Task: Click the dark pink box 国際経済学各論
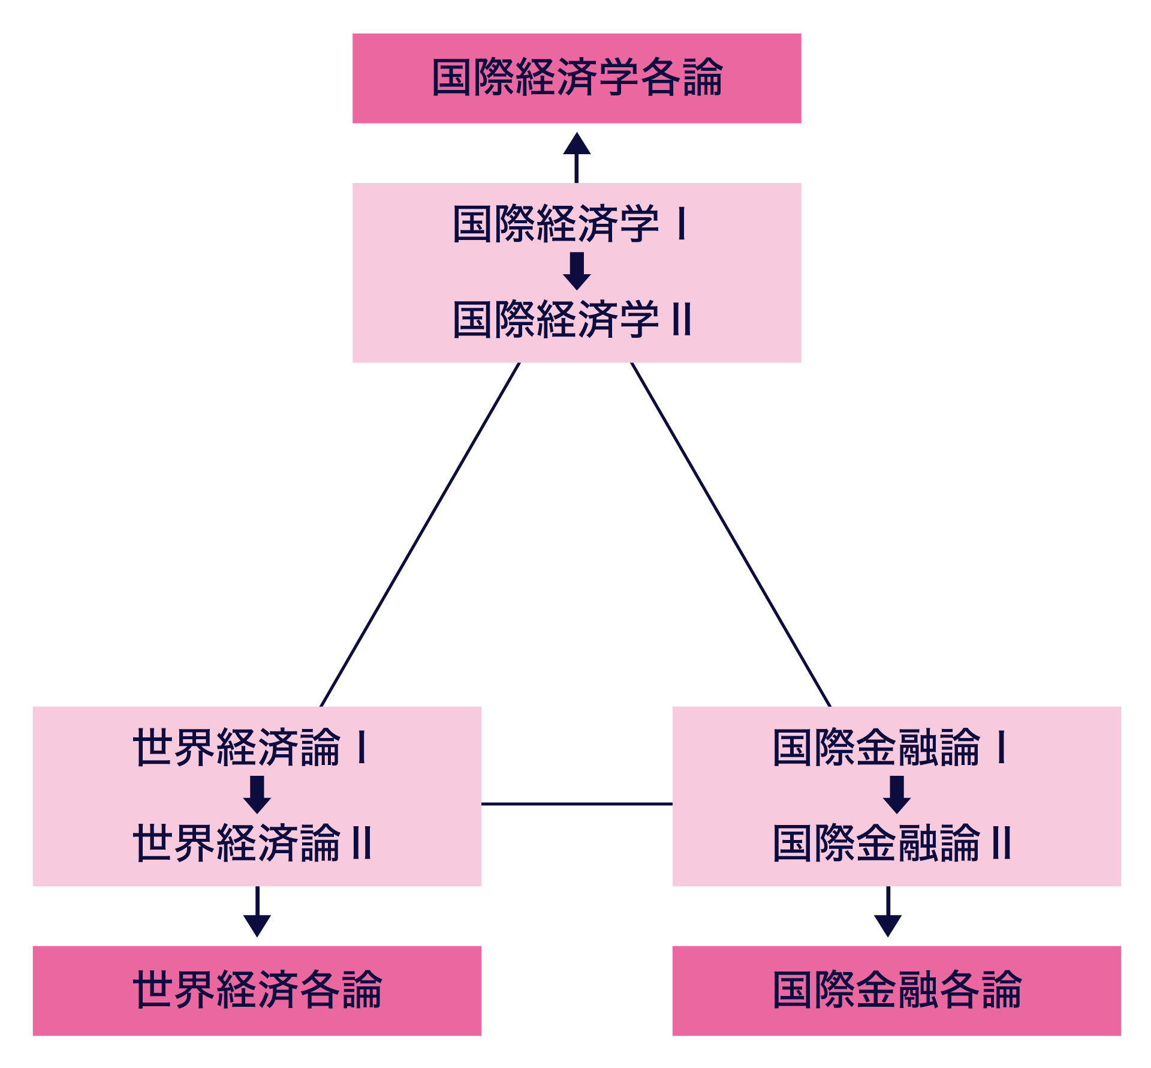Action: (x=576, y=78)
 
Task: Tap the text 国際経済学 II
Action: (x=572, y=319)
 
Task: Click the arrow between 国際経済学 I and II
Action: (x=577, y=271)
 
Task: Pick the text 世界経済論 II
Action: (x=252, y=843)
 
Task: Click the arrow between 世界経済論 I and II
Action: (x=257, y=794)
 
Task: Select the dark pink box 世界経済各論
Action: (x=257, y=991)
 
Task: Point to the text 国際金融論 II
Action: (x=892, y=843)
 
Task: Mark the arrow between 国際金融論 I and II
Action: (x=897, y=794)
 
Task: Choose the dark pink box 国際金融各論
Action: (x=896, y=991)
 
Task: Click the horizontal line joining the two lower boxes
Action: (x=577, y=803)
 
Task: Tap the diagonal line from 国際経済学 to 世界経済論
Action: (x=420, y=535)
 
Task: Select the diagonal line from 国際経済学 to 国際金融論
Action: (x=731, y=535)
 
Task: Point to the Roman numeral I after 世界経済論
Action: (x=361, y=747)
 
